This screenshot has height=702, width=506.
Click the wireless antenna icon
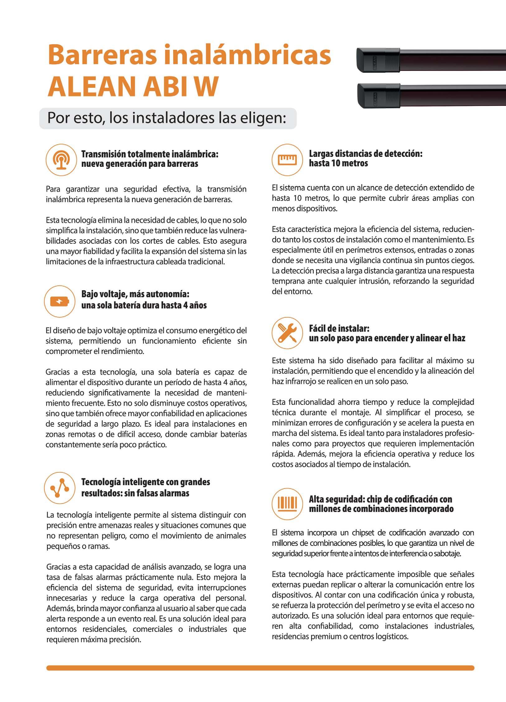pyautogui.click(x=61, y=160)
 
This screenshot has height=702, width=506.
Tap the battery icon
pyautogui.click(x=59, y=301)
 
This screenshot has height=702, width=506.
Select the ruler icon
pyautogui.click(x=287, y=159)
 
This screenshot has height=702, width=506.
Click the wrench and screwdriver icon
pyautogui.click(x=287, y=333)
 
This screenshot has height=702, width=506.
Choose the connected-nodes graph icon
pyautogui.click(x=59, y=488)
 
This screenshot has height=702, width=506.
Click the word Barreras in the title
pyautogui.click(x=102, y=55)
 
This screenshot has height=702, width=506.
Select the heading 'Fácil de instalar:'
pyautogui.click(x=339, y=328)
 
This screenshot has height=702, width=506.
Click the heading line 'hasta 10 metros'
pyautogui.click(x=338, y=163)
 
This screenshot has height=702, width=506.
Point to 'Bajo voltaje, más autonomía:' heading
pyautogui.click(x=135, y=294)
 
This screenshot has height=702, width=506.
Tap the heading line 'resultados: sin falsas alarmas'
pyautogui.click(x=135, y=493)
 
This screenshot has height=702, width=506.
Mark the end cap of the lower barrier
pyautogui.click(x=372, y=96)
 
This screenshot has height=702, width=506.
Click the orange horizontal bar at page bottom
pyautogui.click(x=260, y=668)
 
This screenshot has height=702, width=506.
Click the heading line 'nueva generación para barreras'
pyautogui.click(x=140, y=164)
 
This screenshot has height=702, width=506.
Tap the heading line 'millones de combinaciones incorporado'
pyautogui.click(x=381, y=509)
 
